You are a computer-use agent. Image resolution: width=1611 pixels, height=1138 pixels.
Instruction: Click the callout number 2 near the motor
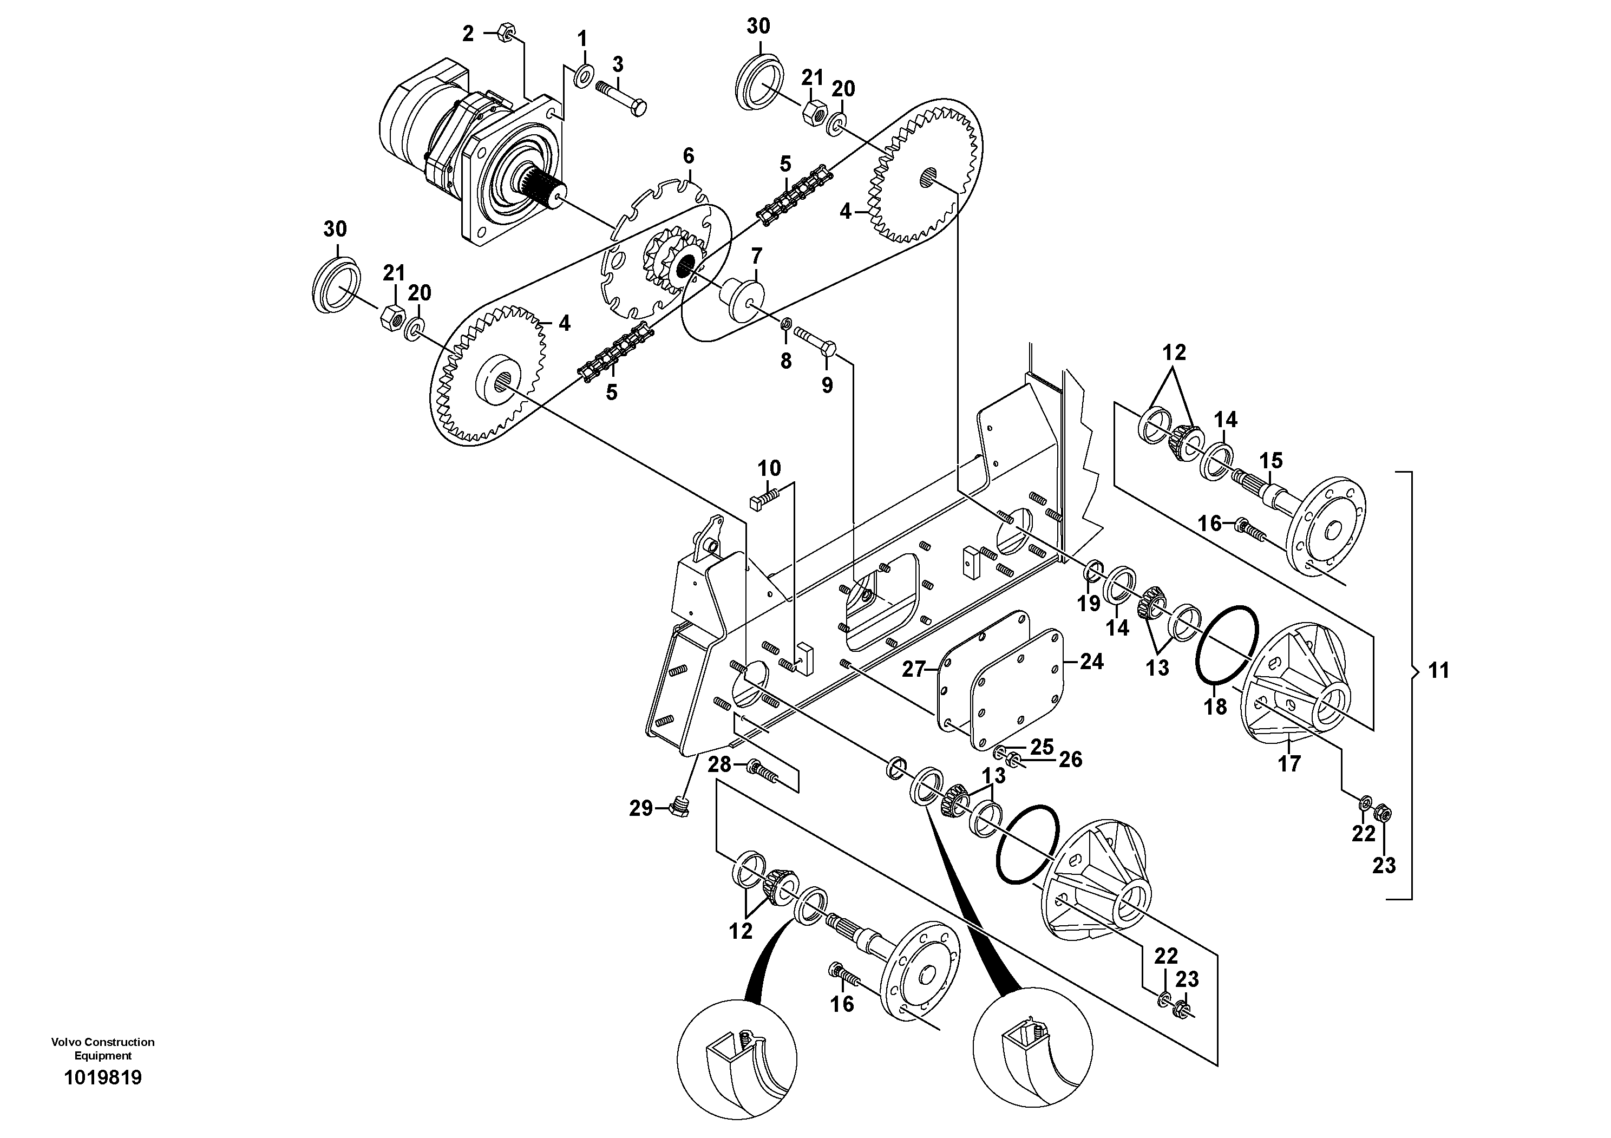pos(468,33)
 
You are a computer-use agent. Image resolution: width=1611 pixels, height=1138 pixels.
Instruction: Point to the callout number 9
pos(827,384)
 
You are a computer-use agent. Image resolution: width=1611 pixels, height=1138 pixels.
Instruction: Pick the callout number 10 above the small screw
pos(769,468)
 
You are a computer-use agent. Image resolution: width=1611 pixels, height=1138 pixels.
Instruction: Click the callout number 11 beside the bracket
pos(1438,671)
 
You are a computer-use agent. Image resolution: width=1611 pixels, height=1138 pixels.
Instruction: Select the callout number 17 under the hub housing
pos(1289,763)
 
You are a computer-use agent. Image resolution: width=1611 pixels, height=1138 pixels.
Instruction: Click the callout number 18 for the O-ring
pos(1215,707)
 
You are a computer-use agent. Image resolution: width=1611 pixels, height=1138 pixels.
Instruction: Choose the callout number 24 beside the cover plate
pos(1091,661)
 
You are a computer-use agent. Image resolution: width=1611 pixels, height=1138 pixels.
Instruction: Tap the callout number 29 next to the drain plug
pos(640,809)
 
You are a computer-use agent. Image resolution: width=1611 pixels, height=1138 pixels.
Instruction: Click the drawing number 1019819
pos(103,1078)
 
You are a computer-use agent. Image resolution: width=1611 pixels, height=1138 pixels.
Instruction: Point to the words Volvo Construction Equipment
pos(103,1048)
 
